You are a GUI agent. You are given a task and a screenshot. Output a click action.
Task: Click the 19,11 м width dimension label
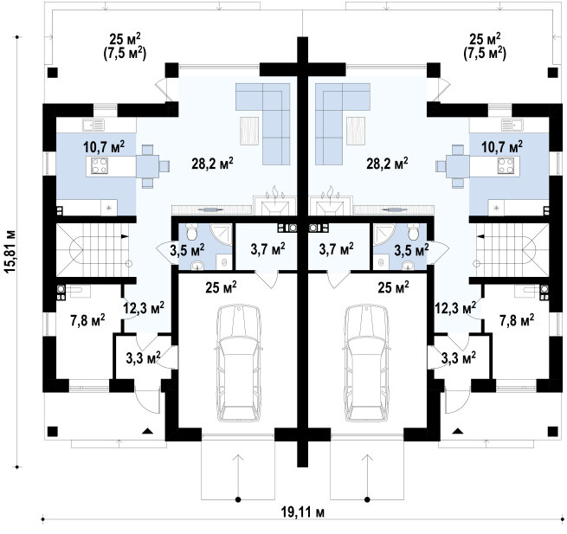click(302, 512)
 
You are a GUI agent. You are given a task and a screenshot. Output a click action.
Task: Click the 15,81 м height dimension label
click(11, 251)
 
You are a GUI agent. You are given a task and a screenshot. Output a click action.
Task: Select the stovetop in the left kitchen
click(99, 166)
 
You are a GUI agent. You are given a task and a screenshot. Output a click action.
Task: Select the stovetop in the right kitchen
click(506, 165)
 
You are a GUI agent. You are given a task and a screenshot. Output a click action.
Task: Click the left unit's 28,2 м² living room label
click(212, 164)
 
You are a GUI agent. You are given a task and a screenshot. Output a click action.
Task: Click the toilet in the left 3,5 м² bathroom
click(190, 232)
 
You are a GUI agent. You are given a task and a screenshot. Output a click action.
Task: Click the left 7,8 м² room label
click(88, 320)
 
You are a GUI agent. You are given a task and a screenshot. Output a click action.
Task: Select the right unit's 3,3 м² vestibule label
click(459, 358)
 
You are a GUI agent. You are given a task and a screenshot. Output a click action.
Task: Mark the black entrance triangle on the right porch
click(458, 431)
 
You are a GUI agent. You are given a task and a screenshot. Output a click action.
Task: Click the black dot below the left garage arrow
click(238, 499)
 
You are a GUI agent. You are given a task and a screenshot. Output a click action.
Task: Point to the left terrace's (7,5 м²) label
click(124, 54)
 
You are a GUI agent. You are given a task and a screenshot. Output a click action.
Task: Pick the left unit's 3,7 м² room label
click(267, 249)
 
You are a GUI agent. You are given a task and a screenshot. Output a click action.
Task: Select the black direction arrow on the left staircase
click(125, 236)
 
